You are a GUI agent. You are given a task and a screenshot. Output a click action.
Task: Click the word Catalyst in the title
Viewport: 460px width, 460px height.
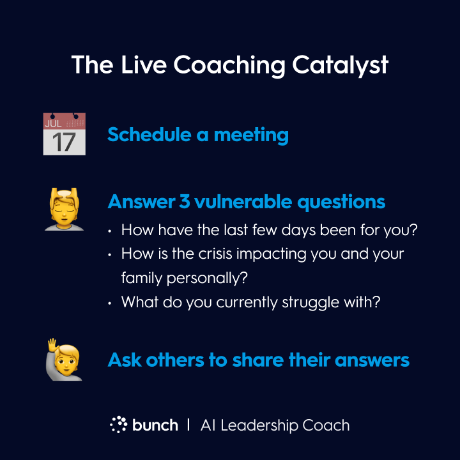[x=340, y=66]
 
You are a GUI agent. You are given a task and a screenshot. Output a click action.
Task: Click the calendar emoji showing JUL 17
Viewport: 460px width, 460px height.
[x=65, y=134]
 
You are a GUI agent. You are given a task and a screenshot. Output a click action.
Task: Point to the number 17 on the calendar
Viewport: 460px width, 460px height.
[x=65, y=142]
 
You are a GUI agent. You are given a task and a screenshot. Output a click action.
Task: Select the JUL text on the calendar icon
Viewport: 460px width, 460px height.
[x=53, y=123]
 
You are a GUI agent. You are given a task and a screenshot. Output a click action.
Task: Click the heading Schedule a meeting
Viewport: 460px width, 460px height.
[x=198, y=135]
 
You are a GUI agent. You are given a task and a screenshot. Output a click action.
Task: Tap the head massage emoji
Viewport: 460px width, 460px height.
[x=65, y=209]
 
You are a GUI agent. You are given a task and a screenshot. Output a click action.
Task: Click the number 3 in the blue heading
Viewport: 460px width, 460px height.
[x=185, y=201]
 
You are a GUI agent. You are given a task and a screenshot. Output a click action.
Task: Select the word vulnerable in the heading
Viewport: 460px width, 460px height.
[x=243, y=201]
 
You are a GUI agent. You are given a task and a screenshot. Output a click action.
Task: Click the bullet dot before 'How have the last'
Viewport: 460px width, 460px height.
[x=110, y=231]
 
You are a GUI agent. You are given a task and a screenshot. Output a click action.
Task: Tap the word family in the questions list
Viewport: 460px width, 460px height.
[x=142, y=278]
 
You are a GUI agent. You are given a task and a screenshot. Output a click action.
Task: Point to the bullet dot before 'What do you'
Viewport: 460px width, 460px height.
[x=110, y=303]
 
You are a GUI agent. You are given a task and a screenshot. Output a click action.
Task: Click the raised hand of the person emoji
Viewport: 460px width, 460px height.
[x=52, y=345]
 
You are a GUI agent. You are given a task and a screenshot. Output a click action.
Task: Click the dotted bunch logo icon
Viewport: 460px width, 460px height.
[x=119, y=424]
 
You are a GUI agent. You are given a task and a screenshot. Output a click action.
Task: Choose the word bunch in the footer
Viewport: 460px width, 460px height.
[x=155, y=425]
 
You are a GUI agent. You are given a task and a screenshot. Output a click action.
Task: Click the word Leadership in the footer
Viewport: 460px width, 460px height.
[x=259, y=425]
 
